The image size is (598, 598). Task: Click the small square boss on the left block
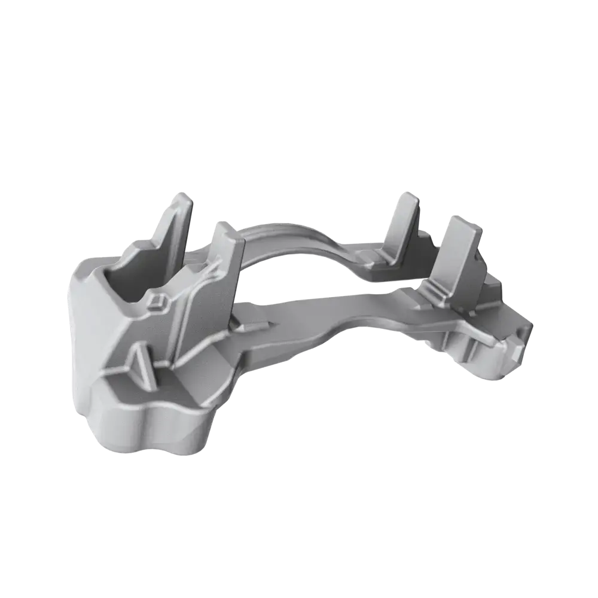click(x=158, y=301)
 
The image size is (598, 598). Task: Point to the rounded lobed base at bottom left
click(x=149, y=425)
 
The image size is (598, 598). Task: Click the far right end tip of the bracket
click(x=530, y=329)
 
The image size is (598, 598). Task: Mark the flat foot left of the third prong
click(x=374, y=266)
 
